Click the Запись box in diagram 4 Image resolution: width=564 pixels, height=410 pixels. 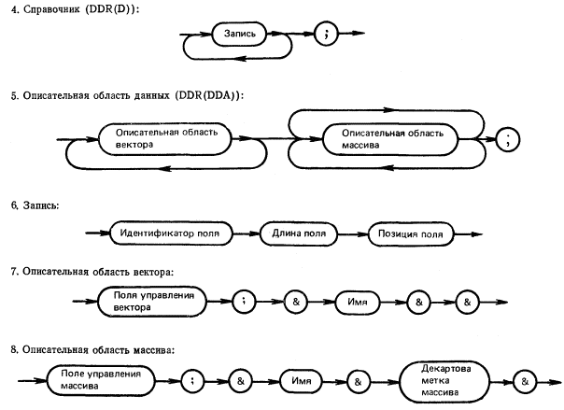pos(240,34)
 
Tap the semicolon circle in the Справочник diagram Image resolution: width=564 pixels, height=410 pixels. pos(326,34)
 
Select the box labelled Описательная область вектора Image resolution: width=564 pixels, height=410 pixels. pos(164,139)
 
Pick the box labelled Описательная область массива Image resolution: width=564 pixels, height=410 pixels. pos(390,139)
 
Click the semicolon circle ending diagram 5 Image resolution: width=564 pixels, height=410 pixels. pos(508,139)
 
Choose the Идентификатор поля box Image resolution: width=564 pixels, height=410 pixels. pos(171,233)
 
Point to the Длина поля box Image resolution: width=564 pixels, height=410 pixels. pos(299,233)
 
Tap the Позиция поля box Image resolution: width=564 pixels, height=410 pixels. pos(411,234)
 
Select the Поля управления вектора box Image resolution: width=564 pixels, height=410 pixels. pos(152,302)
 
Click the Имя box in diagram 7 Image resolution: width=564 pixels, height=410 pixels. pos(358,302)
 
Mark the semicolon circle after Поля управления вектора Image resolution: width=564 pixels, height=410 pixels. pos(244,302)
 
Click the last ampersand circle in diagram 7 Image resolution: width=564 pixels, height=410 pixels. pos(467,302)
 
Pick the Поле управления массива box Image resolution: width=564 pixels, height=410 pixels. pos(101,380)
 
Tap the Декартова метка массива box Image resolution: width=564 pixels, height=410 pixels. pos(444,381)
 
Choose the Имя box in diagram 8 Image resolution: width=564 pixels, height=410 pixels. pos(301,381)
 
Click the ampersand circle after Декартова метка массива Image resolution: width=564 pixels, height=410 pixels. pos(525,381)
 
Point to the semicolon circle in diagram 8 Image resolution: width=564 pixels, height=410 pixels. pos(192,381)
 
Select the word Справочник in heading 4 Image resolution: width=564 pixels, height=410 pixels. pos(51,9)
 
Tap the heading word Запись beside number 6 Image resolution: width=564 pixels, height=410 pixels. pos(41,205)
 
